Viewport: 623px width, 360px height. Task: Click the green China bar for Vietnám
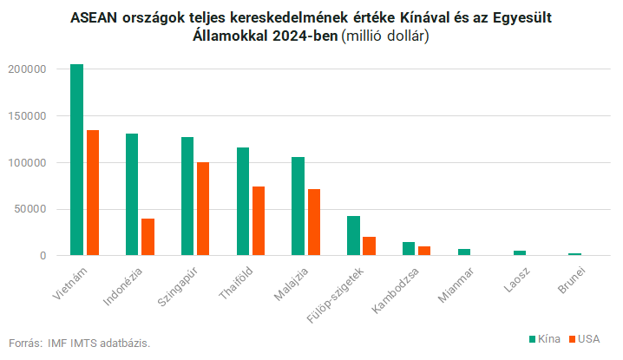[76, 160]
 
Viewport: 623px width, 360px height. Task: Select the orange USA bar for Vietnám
[92, 193]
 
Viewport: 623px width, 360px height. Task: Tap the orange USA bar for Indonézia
[148, 237]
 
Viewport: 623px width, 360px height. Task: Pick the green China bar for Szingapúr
[187, 196]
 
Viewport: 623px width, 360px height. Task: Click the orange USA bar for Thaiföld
[259, 221]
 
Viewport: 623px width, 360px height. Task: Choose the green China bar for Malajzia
[298, 206]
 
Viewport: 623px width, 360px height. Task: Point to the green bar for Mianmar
[464, 252]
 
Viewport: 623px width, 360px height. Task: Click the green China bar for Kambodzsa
[409, 249]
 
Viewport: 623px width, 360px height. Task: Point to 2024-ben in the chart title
[307, 36]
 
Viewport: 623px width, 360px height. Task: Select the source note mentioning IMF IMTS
[85, 343]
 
